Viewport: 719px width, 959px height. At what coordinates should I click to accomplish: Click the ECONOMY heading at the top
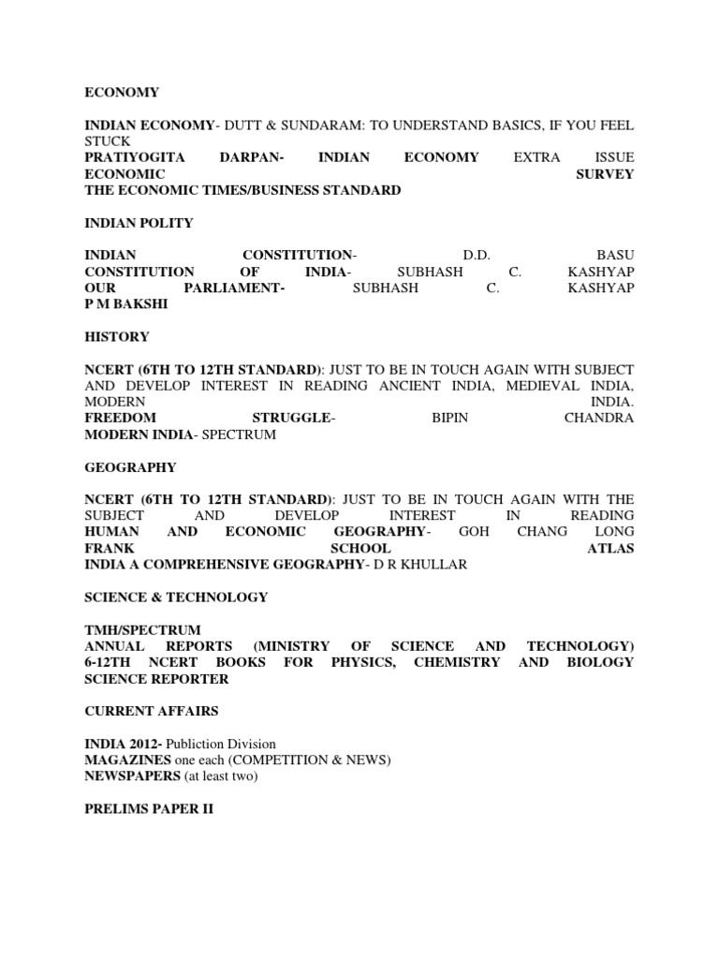(x=122, y=93)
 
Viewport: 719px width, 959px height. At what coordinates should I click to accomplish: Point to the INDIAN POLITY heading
(x=139, y=223)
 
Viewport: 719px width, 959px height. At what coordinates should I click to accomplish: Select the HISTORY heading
(x=117, y=336)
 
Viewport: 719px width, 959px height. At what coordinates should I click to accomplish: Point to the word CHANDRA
(x=599, y=418)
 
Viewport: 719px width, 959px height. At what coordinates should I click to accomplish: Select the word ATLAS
(x=610, y=548)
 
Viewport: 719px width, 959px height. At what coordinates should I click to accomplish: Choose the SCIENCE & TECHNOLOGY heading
(x=176, y=597)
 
